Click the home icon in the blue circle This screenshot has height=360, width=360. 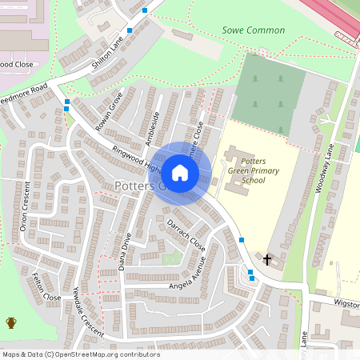coord(180,173)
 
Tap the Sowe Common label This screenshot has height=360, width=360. coord(253,30)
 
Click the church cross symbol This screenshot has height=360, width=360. coord(268,259)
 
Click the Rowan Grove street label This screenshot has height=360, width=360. coord(107,110)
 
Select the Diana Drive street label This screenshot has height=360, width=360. coord(124,252)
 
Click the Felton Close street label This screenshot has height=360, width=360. coord(46,287)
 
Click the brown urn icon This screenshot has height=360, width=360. coord(11,323)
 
